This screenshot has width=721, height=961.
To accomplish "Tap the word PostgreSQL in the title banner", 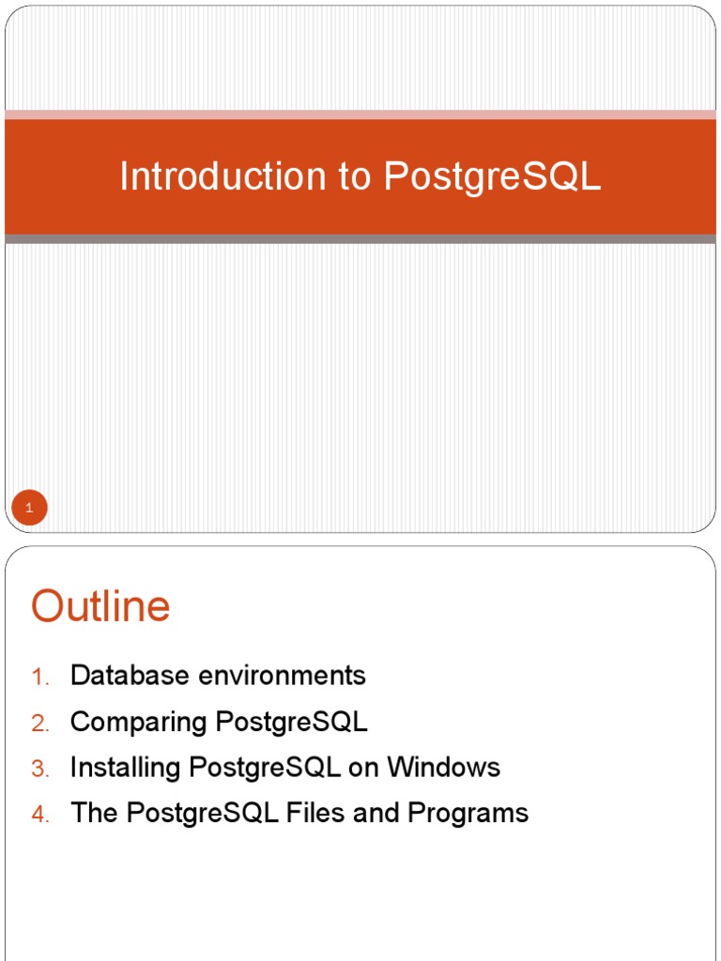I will click(492, 176).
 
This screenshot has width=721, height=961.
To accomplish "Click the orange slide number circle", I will click(29, 509).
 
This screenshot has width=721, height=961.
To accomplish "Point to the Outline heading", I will click(100, 606).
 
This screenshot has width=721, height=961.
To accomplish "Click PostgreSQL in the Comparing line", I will click(292, 722).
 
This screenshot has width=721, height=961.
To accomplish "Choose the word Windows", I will click(444, 767).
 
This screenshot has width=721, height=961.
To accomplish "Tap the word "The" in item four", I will click(94, 813).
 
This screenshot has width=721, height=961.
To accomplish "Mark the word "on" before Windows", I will click(362, 767).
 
